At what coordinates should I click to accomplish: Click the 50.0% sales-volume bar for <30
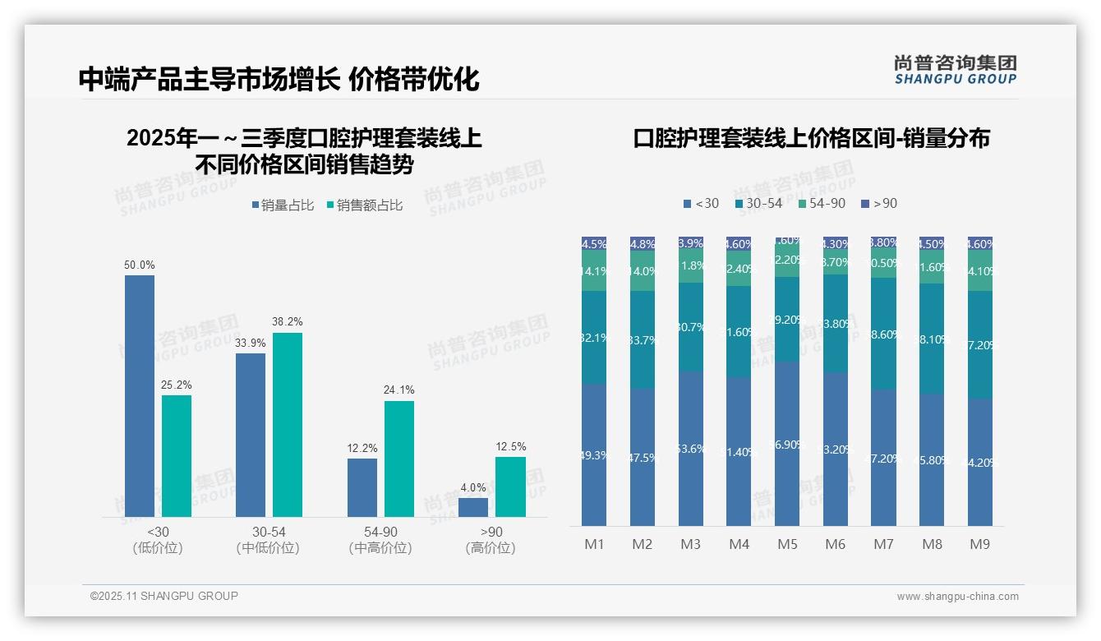[140, 395]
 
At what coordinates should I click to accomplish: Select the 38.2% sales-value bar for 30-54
[288, 424]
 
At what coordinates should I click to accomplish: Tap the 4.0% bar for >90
[472, 507]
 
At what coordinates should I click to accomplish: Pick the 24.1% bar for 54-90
[398, 459]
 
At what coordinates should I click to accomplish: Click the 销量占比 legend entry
[283, 205]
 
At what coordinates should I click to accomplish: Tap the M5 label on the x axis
[787, 544]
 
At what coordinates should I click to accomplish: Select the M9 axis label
[979, 544]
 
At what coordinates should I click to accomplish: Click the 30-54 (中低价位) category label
[267, 540]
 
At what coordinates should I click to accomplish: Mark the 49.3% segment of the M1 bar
[593, 454]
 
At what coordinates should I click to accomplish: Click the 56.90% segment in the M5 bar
[787, 444]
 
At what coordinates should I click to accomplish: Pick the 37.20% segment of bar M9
[979, 345]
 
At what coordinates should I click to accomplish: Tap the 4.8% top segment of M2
[642, 244]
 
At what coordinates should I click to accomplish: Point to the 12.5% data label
[510, 447]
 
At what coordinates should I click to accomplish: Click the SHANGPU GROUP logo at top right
[955, 70]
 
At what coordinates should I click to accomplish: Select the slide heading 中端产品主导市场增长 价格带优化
[279, 79]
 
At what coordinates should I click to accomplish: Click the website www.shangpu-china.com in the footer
[957, 597]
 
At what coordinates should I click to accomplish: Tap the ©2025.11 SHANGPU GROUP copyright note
[164, 596]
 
